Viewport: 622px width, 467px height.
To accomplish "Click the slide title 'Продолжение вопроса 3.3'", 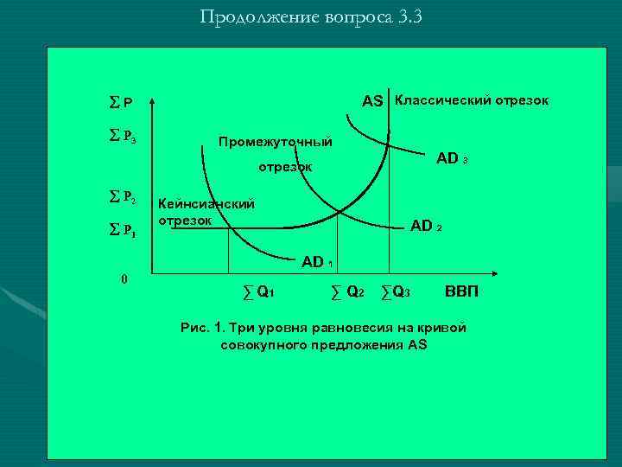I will (310, 17).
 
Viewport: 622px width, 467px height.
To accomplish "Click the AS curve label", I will (372, 101).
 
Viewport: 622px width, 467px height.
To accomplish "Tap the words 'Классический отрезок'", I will (471, 100).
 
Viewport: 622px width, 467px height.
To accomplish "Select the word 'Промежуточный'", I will (275, 141).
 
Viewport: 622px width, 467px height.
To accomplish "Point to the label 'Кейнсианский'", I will (206, 204).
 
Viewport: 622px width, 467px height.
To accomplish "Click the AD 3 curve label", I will (452, 158).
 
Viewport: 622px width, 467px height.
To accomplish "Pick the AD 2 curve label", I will (426, 226).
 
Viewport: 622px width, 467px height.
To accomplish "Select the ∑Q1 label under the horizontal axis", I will (258, 291).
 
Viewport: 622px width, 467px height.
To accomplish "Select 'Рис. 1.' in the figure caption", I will (203, 328).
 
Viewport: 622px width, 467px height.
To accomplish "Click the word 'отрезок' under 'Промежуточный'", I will (286, 166).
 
